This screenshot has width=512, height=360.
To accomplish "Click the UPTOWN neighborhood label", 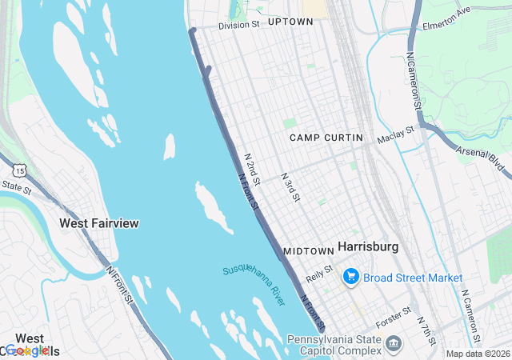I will point(290,22).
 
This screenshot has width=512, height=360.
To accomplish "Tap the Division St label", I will point(239,25).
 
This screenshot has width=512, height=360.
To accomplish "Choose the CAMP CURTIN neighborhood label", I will point(326,138).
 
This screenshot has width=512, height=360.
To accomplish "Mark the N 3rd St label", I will point(290,186).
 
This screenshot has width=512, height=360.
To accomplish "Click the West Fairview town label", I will point(98,223).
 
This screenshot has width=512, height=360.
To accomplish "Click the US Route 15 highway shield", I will point(18,169).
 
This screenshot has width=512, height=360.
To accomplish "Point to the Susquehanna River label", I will point(254,284).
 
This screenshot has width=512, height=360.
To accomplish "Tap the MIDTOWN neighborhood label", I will point(308,250).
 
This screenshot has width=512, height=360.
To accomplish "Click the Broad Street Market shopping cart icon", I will point(350,277).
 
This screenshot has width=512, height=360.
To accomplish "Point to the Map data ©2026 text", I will point(477,354).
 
